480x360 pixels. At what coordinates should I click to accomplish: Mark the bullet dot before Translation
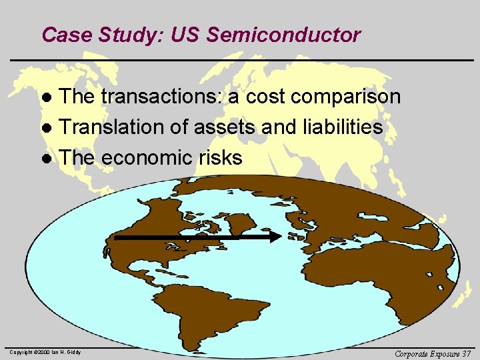47,129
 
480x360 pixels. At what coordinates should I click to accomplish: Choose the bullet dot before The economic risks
47,159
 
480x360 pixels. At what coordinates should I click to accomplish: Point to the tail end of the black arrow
116,236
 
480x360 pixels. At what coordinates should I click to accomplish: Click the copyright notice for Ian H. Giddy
45,352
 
